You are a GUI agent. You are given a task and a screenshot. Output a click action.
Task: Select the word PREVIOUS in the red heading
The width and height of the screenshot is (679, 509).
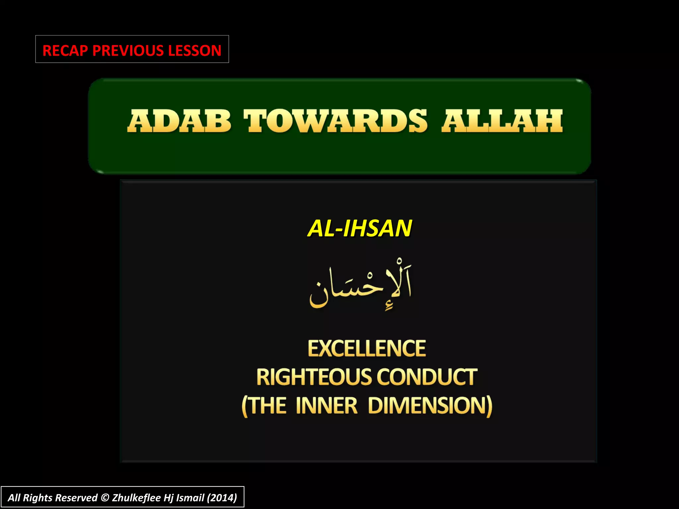pyautogui.click(x=128, y=50)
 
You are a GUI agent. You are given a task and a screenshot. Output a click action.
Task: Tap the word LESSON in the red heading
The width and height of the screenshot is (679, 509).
pyautogui.click(x=195, y=50)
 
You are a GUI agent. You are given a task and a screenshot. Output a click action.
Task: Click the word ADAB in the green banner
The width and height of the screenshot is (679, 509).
pyautogui.click(x=179, y=121)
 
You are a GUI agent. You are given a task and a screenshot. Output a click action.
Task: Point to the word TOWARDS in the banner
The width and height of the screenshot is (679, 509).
pyautogui.click(x=336, y=121)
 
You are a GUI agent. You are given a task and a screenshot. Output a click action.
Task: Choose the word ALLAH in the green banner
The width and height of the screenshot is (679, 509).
pyautogui.click(x=502, y=121)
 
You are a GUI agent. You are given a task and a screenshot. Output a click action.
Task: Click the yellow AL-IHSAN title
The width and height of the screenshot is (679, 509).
pyautogui.click(x=360, y=228)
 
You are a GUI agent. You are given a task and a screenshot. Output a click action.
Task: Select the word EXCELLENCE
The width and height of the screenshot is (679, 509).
pyautogui.click(x=367, y=348)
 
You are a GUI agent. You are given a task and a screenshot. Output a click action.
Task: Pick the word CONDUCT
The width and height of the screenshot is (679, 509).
pyautogui.click(x=427, y=377)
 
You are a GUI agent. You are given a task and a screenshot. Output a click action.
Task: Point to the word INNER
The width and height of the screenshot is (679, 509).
pyautogui.click(x=327, y=406)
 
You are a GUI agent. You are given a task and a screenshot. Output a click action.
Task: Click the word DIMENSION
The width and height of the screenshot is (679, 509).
pyautogui.click(x=430, y=406)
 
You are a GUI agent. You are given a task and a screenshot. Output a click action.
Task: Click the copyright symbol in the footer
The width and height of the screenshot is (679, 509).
pyautogui.click(x=105, y=498)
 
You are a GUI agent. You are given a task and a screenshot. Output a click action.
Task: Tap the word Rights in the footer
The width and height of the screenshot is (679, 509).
pyautogui.click(x=37, y=498)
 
